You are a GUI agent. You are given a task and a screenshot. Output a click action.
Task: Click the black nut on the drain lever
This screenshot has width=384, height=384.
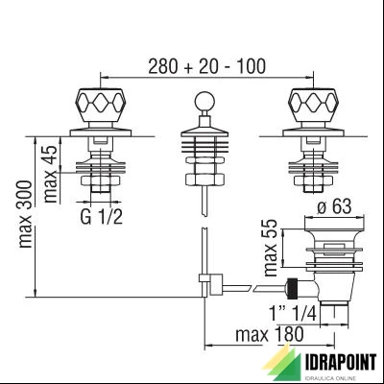point(294,286)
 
